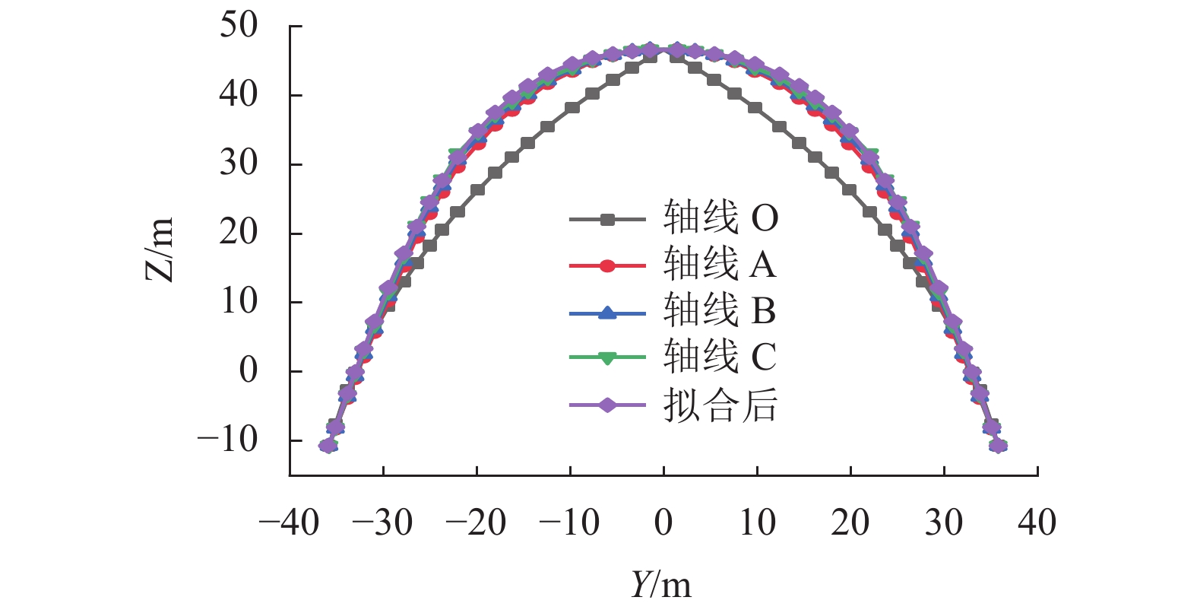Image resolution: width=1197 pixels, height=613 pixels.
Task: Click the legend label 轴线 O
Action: (720, 219)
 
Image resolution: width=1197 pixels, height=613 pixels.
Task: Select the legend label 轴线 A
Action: (720, 265)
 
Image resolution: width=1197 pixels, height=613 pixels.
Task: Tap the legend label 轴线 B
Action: (720, 311)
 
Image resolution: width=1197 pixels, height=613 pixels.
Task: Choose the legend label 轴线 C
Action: (720, 357)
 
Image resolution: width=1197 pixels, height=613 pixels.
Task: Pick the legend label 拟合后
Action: (720, 404)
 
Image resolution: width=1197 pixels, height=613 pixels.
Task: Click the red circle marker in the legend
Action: (607, 265)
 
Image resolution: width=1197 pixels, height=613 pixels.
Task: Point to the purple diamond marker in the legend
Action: (607, 405)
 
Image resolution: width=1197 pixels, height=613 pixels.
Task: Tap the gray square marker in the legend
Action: (607, 220)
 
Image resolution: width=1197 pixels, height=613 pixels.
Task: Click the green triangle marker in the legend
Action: (607, 358)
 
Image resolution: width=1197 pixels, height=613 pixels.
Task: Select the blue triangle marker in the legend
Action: (607, 312)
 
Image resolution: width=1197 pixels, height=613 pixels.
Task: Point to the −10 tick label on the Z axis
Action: (228, 440)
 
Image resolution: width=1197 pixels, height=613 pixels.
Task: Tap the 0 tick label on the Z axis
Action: (249, 370)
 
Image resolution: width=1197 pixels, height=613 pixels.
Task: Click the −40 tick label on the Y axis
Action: (289, 523)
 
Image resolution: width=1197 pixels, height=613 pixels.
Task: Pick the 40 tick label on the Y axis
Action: (1037, 523)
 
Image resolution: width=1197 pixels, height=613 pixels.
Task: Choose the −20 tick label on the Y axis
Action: (476, 523)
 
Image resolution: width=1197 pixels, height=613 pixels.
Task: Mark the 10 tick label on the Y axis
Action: (757, 523)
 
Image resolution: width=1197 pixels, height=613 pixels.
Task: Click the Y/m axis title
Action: (661, 585)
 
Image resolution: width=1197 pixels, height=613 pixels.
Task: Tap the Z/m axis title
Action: (160, 249)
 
